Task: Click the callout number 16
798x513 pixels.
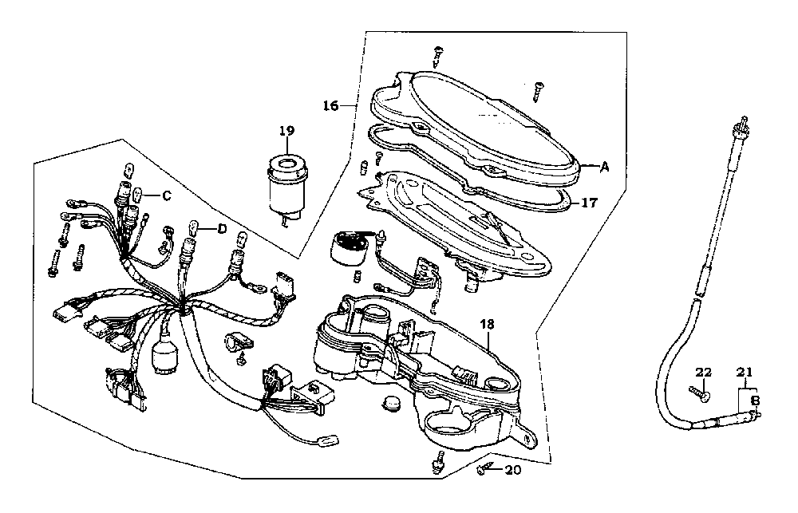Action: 331,105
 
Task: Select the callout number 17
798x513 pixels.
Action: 588,203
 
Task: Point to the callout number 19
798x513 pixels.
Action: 287,130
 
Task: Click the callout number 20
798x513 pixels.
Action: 512,470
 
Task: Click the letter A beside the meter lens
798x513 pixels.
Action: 604,167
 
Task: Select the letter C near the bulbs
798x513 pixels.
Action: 166,195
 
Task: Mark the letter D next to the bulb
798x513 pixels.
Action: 221,228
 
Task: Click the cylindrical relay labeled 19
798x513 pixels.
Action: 287,183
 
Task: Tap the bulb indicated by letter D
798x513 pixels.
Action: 192,228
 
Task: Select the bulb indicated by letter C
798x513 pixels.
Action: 139,195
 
